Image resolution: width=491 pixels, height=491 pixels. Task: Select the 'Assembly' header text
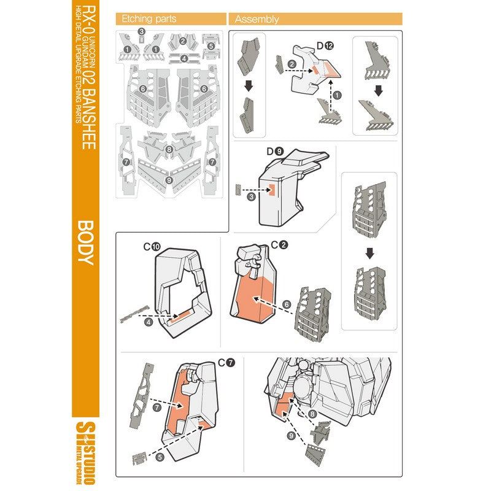click(257, 19)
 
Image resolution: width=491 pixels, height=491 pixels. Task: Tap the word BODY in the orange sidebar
click(85, 242)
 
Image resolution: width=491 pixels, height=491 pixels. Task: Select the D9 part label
click(274, 150)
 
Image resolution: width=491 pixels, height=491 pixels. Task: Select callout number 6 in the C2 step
click(286, 304)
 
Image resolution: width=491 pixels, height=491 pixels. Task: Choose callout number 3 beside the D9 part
click(252, 197)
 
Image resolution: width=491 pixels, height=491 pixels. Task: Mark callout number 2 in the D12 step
click(292, 64)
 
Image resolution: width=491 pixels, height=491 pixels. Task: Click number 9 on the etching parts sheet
click(169, 180)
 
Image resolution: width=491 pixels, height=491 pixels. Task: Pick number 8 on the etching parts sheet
click(169, 149)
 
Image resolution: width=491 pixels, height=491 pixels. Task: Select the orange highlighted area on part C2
click(253, 298)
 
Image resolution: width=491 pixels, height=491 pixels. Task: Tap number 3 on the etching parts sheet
click(142, 32)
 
